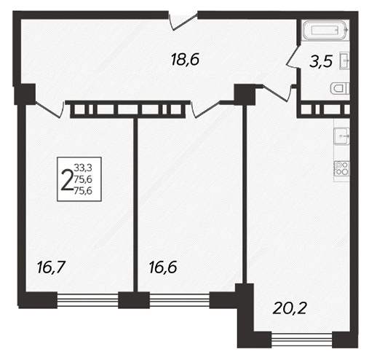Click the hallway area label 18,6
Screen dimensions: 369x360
[x=185, y=60]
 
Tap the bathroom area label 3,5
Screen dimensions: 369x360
[x=320, y=62]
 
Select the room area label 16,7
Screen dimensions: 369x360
[x=51, y=268]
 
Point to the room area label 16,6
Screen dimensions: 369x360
[x=163, y=267]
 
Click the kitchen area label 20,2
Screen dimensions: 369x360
[x=290, y=308]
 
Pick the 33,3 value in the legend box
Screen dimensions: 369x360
[x=84, y=168]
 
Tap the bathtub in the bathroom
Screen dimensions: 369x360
[x=325, y=30]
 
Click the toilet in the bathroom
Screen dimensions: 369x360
[x=340, y=88]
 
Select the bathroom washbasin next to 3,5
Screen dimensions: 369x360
[x=345, y=60]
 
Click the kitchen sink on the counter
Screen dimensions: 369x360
[x=341, y=136]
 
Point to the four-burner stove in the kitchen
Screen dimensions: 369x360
[x=341, y=168]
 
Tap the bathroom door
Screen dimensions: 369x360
[x=293, y=56]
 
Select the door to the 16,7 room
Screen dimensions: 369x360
[x=50, y=109]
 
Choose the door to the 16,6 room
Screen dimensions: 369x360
[x=206, y=109]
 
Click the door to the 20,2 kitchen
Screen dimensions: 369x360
[x=277, y=93]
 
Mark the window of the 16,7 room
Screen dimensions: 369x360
[x=87, y=300]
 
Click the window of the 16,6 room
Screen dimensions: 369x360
[x=180, y=300]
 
